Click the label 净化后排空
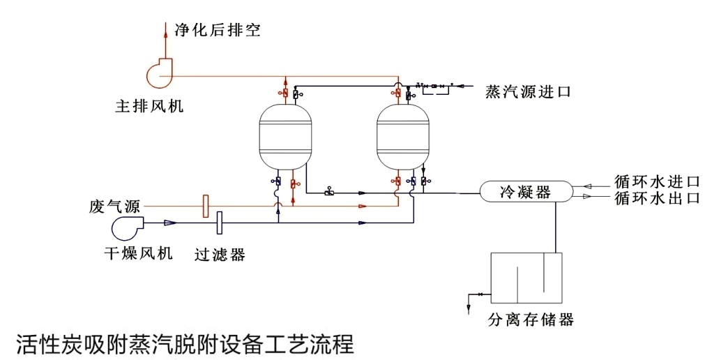[x=217, y=30]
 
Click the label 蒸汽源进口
[x=528, y=92]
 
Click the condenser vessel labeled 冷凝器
[x=525, y=191]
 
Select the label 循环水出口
[x=656, y=198]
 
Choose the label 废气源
[x=115, y=207]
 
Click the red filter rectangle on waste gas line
[x=205, y=206]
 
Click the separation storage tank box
[x=526, y=278]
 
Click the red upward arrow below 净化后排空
[x=165, y=29]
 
